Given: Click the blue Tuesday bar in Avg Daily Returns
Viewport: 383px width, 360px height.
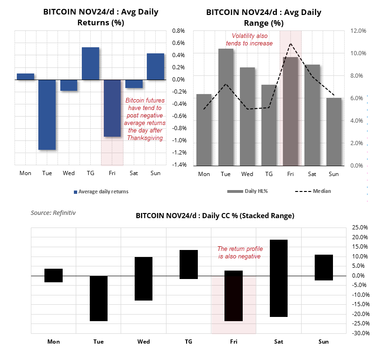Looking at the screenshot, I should pos(47,115).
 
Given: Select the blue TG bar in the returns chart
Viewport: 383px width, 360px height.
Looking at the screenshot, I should pos(90,64).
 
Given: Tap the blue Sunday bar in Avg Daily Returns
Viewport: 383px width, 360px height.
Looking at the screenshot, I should pos(155,66).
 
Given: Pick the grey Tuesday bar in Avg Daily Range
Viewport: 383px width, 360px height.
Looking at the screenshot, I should pos(226,107).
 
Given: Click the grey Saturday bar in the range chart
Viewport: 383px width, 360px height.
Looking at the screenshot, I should pos(312,115).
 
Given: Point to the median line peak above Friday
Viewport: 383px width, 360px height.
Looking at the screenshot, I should pos(290,44).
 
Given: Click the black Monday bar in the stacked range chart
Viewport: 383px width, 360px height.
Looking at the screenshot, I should pos(54,275).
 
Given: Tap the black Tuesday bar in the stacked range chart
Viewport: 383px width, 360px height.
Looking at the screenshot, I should pos(99,298).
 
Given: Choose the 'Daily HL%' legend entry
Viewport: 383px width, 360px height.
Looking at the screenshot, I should pos(246,191).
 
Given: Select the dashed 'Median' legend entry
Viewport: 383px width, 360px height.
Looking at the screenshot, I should pos(312,191).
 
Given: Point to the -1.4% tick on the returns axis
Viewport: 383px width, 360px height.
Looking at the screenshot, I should pos(180,165).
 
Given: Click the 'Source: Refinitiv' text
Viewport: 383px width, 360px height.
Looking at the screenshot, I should pos(53,213).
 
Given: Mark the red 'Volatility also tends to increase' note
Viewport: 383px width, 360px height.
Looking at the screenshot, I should pos(253,40).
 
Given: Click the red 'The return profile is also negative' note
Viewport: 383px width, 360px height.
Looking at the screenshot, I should pos(239,253).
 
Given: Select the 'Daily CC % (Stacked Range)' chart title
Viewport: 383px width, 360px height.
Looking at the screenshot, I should pos(215,216).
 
